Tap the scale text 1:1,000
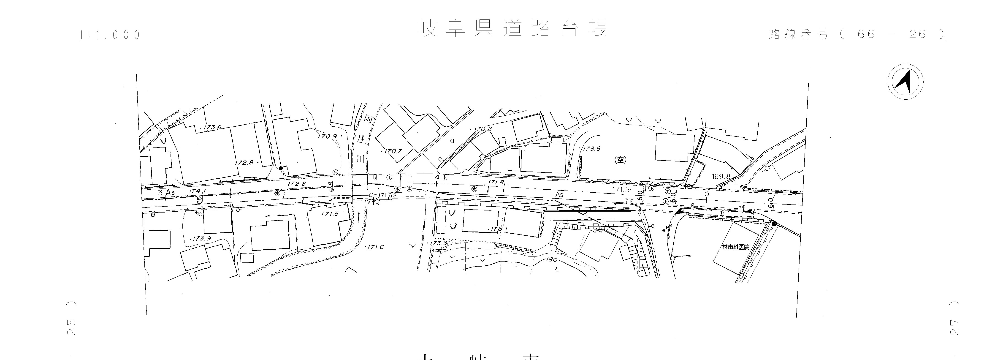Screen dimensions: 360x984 click(x=110, y=35)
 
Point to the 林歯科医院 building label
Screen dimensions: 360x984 click(x=735, y=247)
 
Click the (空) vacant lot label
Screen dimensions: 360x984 click(x=620, y=160)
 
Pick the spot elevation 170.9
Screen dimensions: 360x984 click(x=327, y=136)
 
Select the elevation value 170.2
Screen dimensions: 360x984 click(x=483, y=129)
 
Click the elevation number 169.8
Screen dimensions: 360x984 click(x=721, y=177)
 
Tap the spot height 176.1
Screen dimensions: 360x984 click(x=499, y=229)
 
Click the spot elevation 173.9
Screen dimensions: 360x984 click(x=202, y=238)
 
